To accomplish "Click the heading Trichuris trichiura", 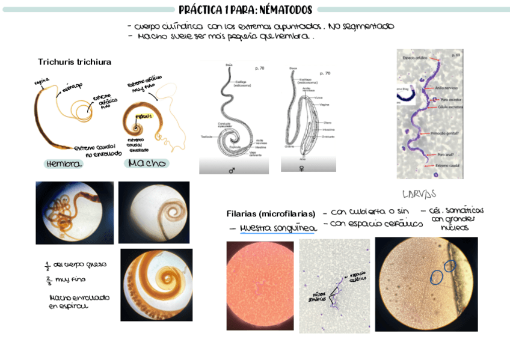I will coord(75,62).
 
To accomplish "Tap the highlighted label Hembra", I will coord(64,164).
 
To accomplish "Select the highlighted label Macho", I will coord(147,163).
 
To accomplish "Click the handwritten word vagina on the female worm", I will coord(41,80).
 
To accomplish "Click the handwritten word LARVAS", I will coord(419,194).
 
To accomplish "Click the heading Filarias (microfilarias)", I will coord(271,214).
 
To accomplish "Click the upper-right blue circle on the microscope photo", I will coord(450,266).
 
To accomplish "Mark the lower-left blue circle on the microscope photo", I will coord(437,277).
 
